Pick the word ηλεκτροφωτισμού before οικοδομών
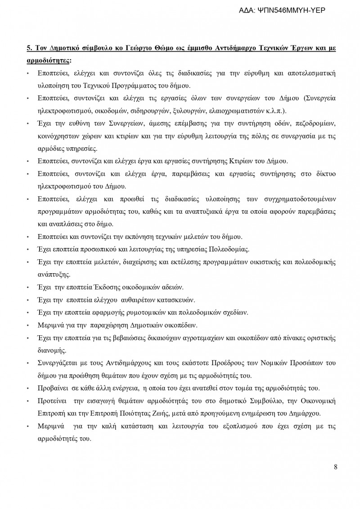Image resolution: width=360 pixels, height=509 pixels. pyautogui.click(x=65, y=110)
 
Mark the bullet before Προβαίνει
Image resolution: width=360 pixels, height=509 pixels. pyautogui.click(x=28, y=388)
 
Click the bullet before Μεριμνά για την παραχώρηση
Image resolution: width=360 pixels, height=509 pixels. pyautogui.click(x=28, y=325)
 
